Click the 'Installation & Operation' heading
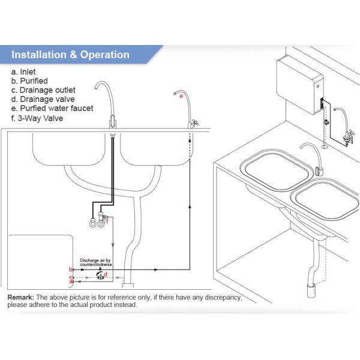pos(70,55)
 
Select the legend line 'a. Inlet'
pos(23,72)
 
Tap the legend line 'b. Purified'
pos(29,81)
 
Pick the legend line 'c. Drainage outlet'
pos(43,90)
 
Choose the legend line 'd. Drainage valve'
pos(43,100)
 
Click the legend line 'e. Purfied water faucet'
pos(52,109)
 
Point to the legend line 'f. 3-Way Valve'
pos(37,118)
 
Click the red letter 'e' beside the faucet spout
pos(181,96)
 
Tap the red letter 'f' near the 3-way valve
pos(107,221)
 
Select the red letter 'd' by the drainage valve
pos(106,274)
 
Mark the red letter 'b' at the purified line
pos(71,269)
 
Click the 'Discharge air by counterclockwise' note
pos(96,262)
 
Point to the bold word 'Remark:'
pos(20,298)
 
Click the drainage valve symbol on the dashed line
pos(100,276)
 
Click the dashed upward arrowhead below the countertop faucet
pos(190,140)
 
